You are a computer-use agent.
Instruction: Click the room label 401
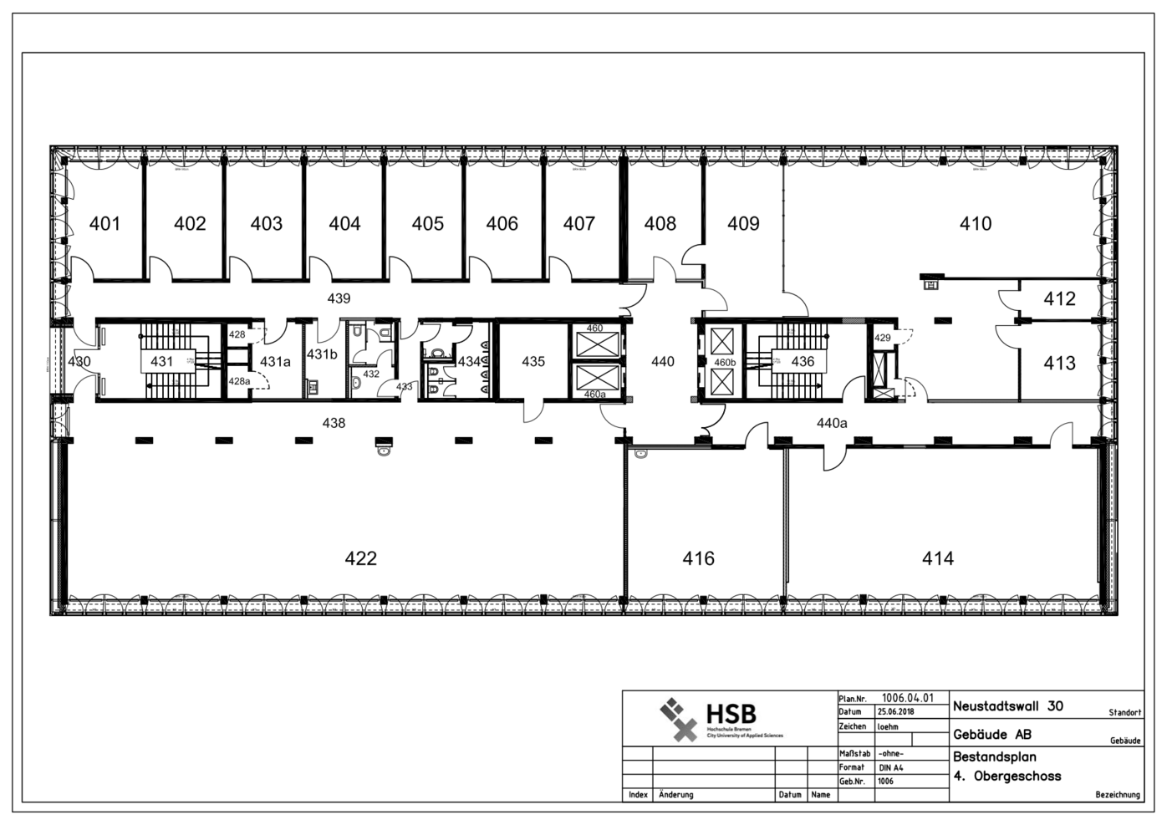click(104, 224)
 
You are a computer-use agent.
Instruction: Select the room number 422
click(360, 558)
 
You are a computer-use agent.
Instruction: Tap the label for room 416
click(698, 558)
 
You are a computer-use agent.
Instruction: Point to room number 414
click(937, 558)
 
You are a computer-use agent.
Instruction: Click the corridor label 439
click(339, 298)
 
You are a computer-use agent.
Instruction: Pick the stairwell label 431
click(161, 362)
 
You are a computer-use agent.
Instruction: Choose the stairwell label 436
click(803, 362)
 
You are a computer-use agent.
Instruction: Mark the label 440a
click(832, 424)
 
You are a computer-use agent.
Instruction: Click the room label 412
click(1059, 299)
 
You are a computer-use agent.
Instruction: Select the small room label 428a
click(239, 381)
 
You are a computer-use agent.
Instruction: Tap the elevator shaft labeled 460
click(594, 328)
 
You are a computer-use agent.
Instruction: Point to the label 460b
click(725, 363)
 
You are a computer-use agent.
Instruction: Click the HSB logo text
click(731, 714)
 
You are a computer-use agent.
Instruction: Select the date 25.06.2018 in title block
click(895, 712)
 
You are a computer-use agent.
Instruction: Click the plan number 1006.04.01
click(908, 698)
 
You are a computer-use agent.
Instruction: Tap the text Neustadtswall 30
click(1007, 706)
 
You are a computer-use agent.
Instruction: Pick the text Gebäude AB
click(991, 736)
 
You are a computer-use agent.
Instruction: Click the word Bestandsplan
click(994, 757)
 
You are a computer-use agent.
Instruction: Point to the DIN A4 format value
click(890, 767)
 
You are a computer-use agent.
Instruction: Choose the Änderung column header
click(675, 795)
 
